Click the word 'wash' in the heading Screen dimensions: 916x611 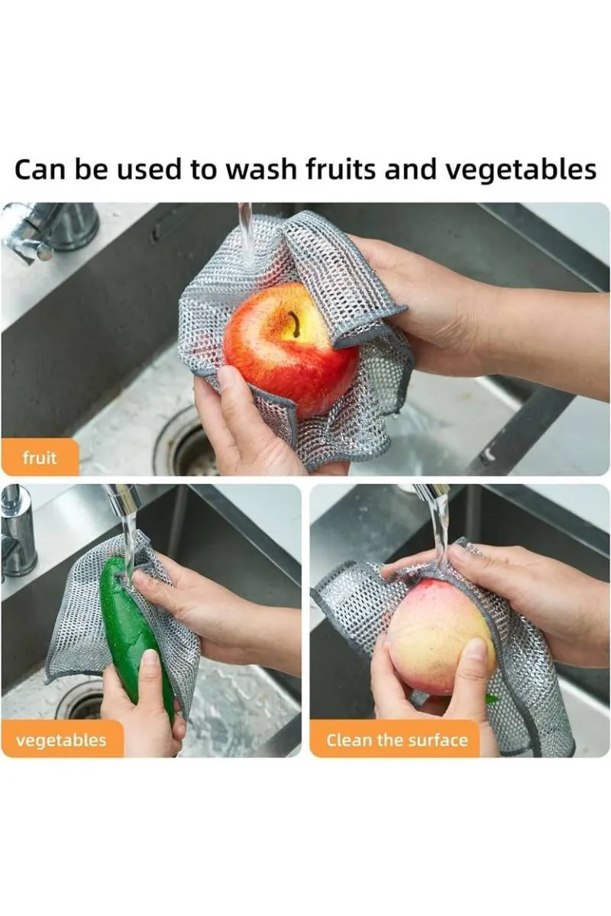tap(259, 169)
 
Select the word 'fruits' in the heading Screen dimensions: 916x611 tap(341, 169)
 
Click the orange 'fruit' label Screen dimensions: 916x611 tap(40, 459)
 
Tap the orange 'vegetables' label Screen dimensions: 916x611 tap(61, 740)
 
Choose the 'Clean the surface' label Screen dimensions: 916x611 tap(396, 740)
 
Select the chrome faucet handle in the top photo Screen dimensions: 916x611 tap(34, 233)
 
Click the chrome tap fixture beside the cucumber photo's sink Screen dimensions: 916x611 tap(17, 534)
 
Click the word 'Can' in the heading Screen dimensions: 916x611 tap(40, 169)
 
